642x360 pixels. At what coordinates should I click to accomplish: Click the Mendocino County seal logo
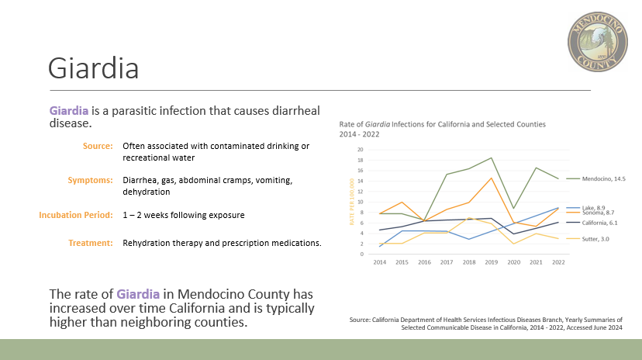click(x=597, y=42)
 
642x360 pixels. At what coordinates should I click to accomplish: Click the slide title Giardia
click(x=93, y=68)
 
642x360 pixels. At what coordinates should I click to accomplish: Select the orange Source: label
click(x=98, y=146)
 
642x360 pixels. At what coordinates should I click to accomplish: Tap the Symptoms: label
click(x=90, y=181)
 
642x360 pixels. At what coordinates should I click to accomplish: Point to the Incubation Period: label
click(x=76, y=215)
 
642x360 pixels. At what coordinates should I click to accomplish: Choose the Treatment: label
click(x=91, y=243)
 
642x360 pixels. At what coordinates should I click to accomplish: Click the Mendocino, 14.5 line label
click(x=603, y=178)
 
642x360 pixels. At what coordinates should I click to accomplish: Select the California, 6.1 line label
click(x=599, y=223)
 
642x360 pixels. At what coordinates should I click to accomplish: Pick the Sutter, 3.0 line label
click(x=595, y=239)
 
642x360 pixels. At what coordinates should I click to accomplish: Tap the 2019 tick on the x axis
click(x=492, y=262)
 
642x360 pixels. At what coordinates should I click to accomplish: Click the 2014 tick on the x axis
click(x=380, y=262)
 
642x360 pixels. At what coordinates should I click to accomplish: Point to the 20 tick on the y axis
click(x=361, y=150)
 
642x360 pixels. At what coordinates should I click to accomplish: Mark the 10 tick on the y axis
click(x=361, y=202)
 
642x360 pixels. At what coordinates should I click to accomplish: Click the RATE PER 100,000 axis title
click(x=352, y=202)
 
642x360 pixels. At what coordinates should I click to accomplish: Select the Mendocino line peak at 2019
click(x=492, y=157)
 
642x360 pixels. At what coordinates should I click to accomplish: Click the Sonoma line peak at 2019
click(x=492, y=178)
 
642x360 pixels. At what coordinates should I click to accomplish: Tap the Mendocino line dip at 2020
click(x=514, y=209)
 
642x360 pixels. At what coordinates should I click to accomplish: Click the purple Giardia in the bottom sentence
click(x=138, y=294)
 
